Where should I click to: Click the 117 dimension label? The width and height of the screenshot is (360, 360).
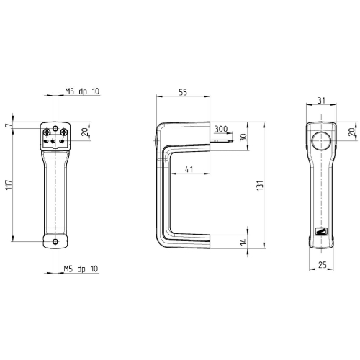click(9, 185)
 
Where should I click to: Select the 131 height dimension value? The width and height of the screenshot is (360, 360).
click(260, 186)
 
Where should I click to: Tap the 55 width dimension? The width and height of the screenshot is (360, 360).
click(183, 92)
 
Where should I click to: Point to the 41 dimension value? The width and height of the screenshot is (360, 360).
click(189, 169)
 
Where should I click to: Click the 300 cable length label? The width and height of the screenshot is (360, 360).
click(221, 129)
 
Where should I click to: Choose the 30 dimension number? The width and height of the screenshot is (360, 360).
click(243, 138)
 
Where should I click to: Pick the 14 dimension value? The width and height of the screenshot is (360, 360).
click(243, 241)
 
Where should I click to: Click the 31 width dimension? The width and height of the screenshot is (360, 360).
click(321, 100)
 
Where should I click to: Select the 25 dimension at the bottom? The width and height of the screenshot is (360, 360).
click(323, 265)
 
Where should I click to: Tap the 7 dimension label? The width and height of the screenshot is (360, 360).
click(9, 125)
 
